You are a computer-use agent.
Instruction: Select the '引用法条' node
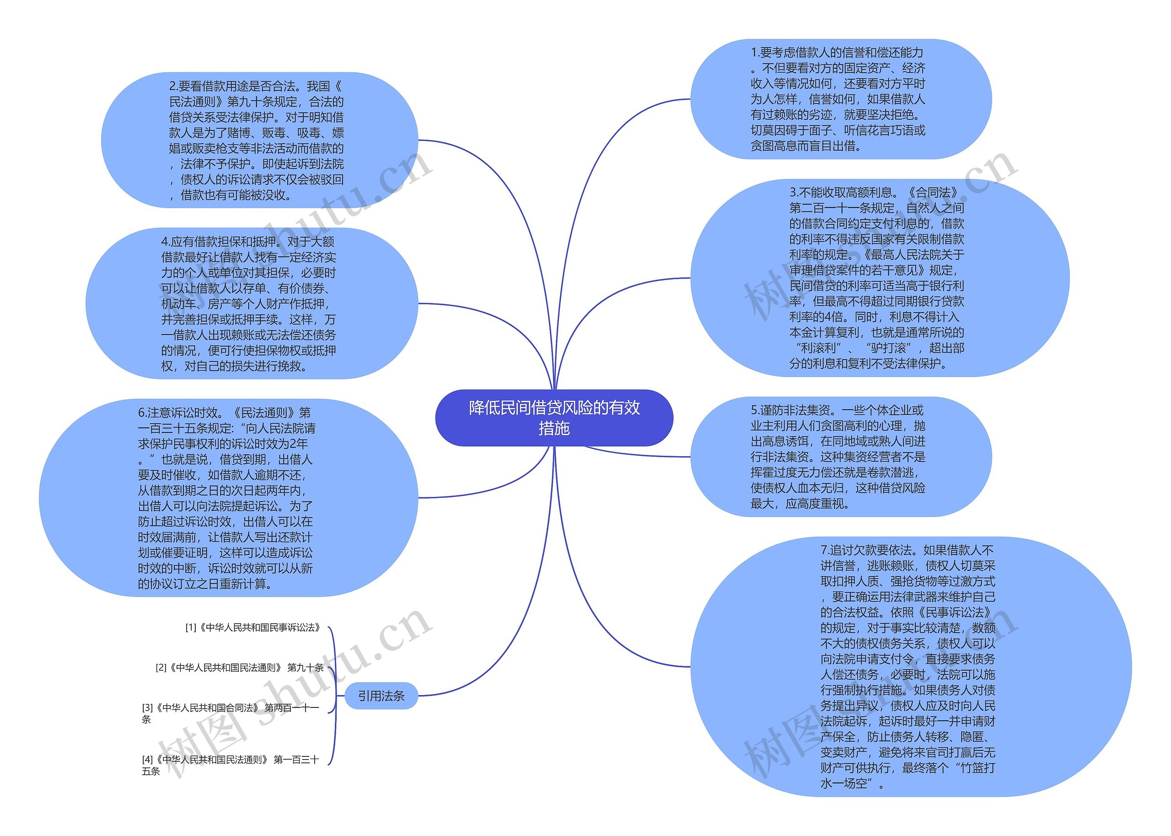point(381,696)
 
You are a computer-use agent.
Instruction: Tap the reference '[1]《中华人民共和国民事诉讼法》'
point(252,627)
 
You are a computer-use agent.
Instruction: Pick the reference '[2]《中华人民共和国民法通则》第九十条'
point(239,668)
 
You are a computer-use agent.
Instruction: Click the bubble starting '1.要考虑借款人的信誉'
point(840,99)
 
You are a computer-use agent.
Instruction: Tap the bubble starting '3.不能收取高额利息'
point(879,278)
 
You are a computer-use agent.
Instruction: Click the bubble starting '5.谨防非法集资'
point(840,457)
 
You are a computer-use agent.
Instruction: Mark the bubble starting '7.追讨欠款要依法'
point(910,667)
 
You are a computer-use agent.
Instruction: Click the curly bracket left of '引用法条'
point(334,696)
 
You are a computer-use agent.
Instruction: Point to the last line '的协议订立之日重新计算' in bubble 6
point(205,584)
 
